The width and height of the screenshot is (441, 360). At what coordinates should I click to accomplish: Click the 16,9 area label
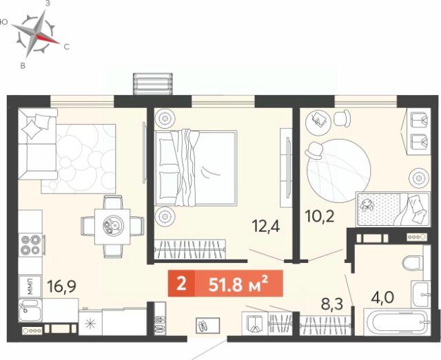point(61,286)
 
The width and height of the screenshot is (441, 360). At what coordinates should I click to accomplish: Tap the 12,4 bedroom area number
point(266,226)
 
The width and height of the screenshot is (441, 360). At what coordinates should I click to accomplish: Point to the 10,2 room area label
point(320,216)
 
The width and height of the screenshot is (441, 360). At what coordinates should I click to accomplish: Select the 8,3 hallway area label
point(332,304)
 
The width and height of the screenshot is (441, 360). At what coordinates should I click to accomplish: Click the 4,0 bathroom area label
point(382,297)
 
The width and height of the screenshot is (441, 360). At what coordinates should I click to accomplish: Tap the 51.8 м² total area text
point(238,284)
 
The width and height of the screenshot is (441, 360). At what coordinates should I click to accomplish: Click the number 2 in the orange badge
point(181,284)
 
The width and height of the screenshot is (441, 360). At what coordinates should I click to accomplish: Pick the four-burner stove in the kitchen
point(30,244)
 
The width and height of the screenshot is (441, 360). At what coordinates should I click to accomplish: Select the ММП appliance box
point(30,286)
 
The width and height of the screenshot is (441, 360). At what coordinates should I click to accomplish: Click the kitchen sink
point(30,310)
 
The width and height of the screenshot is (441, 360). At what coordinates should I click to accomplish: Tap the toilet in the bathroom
point(413,264)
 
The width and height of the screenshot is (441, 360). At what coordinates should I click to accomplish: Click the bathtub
point(397,322)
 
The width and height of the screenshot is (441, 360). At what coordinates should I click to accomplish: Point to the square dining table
point(112,226)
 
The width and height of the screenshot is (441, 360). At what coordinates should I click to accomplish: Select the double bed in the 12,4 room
point(196,168)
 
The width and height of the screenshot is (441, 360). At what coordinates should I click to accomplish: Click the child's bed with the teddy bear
point(393,209)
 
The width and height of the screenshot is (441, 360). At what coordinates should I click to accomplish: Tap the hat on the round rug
point(314,151)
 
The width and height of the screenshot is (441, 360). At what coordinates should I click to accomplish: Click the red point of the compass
point(48,39)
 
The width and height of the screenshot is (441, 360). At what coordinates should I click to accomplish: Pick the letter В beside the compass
point(23,66)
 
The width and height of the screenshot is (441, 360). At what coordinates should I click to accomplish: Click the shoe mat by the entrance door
point(208,326)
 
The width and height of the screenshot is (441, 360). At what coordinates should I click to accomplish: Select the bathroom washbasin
point(421,294)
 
